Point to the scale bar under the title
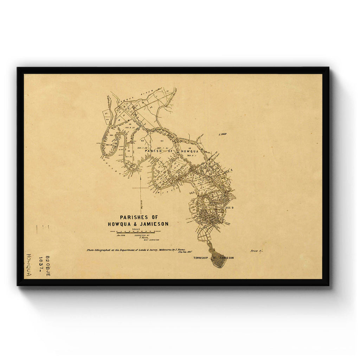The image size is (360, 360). point(135,232)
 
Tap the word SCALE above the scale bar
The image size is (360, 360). point(136,229)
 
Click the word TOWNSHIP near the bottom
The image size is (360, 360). point(201,258)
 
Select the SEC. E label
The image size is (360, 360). point(229,171)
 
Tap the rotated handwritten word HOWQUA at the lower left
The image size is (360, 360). point(29,265)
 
